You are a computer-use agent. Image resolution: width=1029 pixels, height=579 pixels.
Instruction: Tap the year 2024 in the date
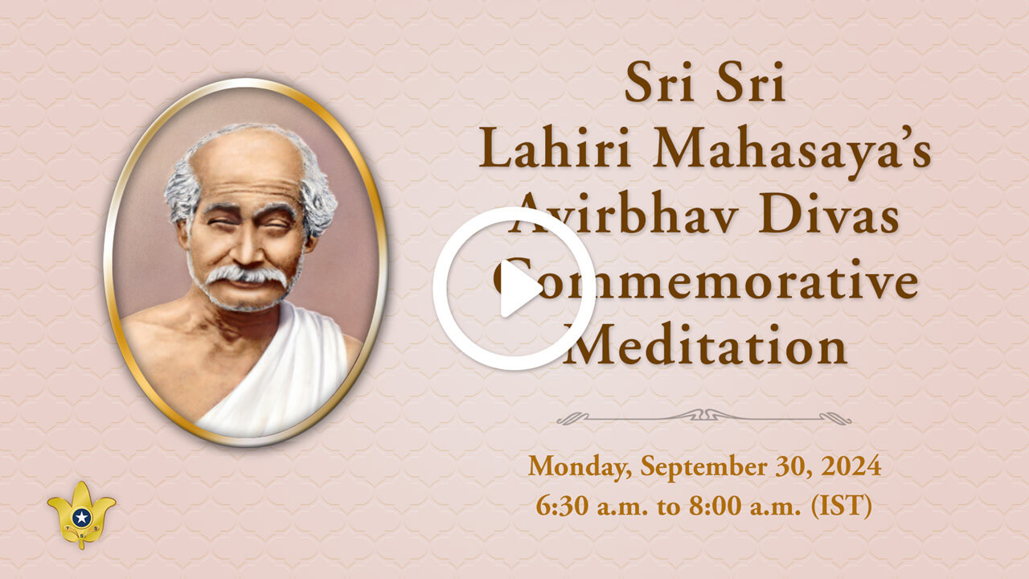[852, 466]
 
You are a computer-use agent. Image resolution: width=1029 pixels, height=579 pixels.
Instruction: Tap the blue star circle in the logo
[81, 517]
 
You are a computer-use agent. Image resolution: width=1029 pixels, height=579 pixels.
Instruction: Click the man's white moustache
[244, 276]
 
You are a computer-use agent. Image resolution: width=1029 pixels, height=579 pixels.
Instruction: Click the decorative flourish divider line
[703, 417]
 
